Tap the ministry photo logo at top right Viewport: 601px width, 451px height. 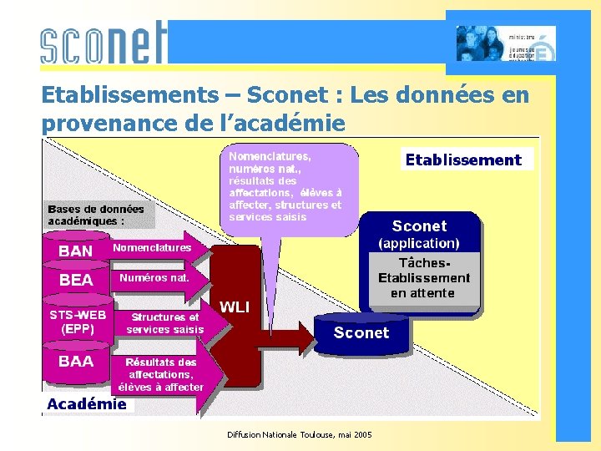[x=506, y=43]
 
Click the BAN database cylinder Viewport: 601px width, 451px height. [x=76, y=250]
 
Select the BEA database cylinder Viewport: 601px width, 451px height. [x=76, y=281]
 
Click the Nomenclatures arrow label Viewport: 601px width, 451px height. [x=153, y=248]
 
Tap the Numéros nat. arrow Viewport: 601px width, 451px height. [x=155, y=278]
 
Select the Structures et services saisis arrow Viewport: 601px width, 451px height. [x=164, y=323]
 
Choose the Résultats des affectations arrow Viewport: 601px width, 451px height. [x=161, y=375]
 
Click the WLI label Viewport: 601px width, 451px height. [x=235, y=307]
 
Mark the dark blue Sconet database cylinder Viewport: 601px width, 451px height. [x=361, y=332]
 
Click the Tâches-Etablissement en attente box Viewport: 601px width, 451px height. [x=424, y=277]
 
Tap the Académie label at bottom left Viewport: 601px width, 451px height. [x=87, y=404]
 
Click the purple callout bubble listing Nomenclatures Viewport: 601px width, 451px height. [x=285, y=186]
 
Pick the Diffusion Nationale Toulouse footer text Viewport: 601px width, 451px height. [x=300, y=434]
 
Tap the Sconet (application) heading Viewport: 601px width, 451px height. [x=419, y=234]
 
